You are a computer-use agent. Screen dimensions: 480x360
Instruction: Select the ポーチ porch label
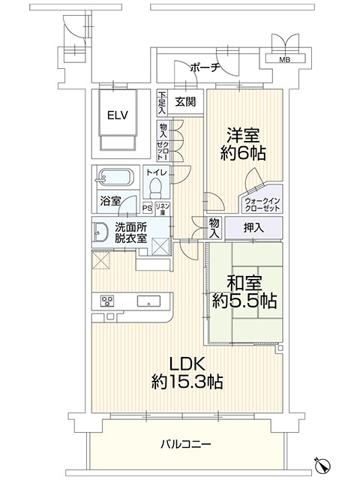(x=205, y=67)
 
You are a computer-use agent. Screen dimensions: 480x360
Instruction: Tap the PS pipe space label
(x=147, y=208)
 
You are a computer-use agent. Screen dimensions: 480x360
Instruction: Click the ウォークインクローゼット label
(x=262, y=203)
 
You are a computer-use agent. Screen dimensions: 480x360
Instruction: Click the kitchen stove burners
(x=106, y=301)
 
